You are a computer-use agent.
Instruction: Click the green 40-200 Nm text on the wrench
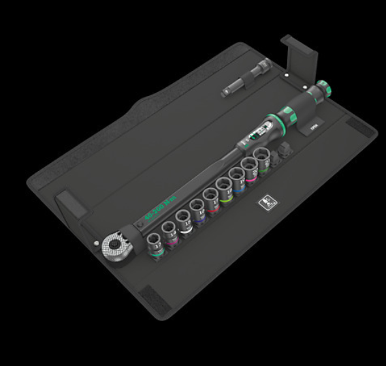160,209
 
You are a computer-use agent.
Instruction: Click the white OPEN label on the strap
314,127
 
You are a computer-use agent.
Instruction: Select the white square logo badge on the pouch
264,203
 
